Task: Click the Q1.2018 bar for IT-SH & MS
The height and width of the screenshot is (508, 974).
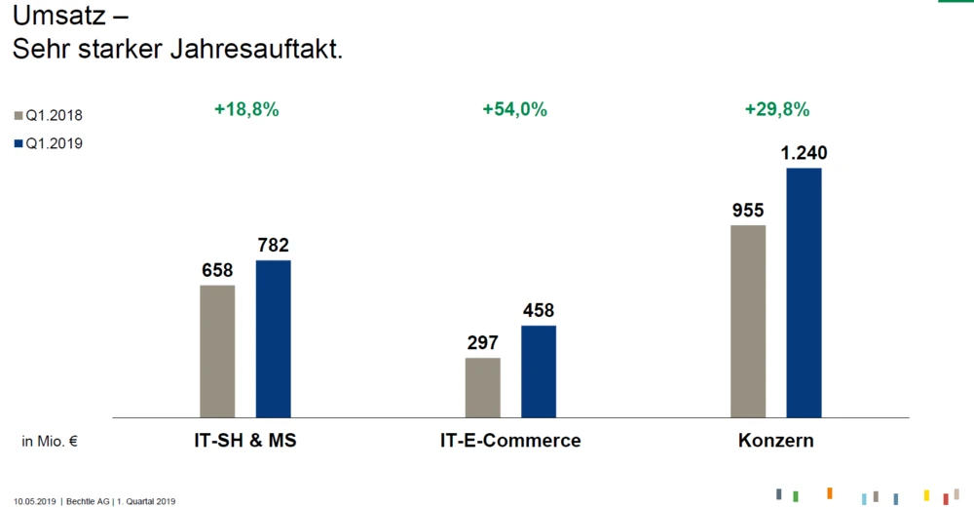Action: point(217,351)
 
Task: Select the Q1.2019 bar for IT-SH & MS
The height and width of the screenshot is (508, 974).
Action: point(273,338)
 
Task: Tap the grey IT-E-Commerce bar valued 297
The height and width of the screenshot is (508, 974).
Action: point(483,387)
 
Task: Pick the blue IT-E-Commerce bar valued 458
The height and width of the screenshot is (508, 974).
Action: point(539,371)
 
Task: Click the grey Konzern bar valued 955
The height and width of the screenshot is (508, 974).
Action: point(748,321)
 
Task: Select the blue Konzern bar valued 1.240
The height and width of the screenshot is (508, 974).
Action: point(805,293)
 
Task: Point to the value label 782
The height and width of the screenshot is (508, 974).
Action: point(274,246)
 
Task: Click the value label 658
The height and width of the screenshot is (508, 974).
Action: point(217,270)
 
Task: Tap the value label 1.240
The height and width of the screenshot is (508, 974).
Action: point(805,153)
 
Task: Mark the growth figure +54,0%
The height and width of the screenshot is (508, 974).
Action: point(514,110)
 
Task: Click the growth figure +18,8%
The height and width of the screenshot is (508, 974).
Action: point(246,110)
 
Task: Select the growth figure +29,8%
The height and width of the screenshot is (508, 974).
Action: point(777,110)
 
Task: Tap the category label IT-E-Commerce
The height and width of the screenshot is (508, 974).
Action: point(510,441)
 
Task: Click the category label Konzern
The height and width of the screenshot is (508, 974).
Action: point(776,441)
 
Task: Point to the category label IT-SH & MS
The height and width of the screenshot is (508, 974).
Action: point(245,441)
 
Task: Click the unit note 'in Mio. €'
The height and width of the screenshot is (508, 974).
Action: point(50,442)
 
